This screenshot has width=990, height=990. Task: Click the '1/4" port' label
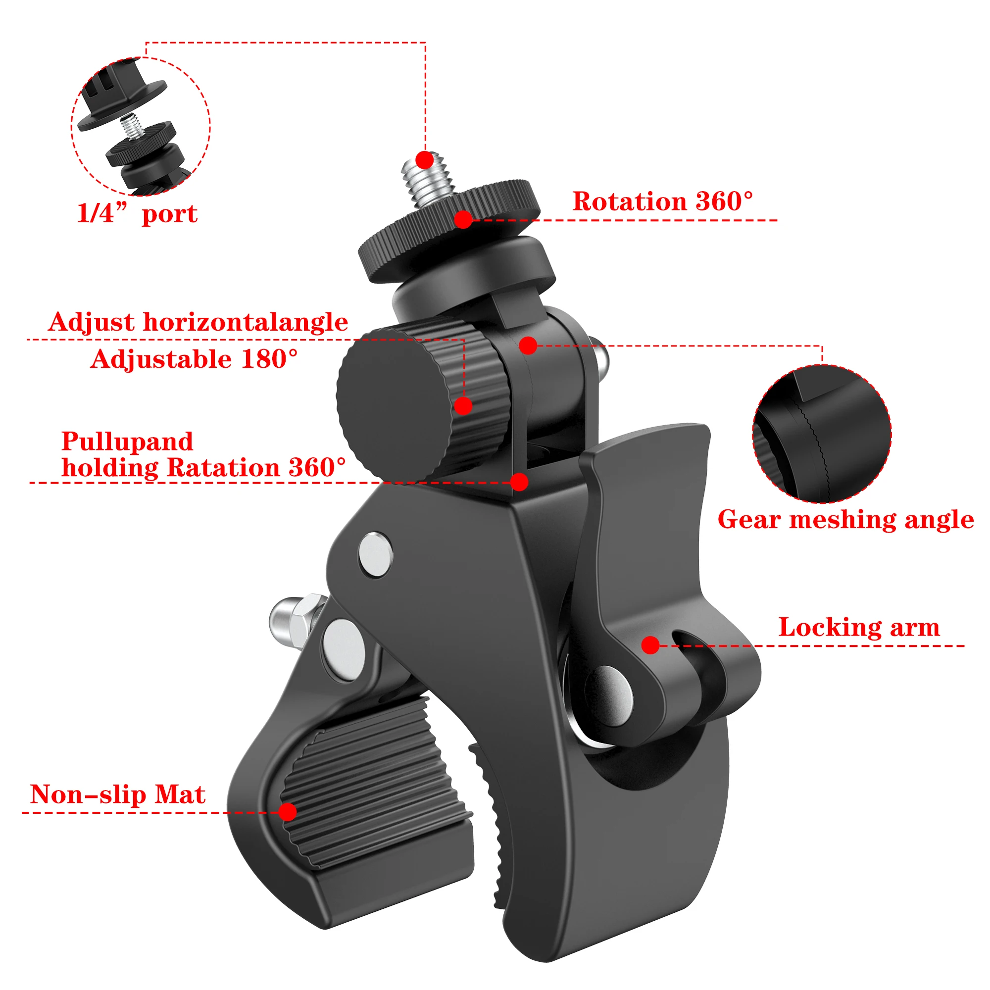pyautogui.click(x=137, y=214)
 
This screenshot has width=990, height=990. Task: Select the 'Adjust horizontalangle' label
pyautogui.click(x=198, y=322)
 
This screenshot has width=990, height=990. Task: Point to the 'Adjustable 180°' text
pyautogui.click(x=194, y=359)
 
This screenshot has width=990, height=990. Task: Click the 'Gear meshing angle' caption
pyautogui.click(x=845, y=520)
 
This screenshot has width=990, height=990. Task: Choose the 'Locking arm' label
pyautogui.click(x=859, y=627)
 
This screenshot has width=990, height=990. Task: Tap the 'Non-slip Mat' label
pyautogui.click(x=117, y=794)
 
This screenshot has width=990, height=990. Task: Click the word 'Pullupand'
pyautogui.click(x=127, y=441)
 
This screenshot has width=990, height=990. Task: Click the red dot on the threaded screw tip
pyautogui.click(x=424, y=160)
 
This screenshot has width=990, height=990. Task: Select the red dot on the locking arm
pyautogui.click(x=650, y=645)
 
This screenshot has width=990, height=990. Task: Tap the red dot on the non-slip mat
pyautogui.click(x=288, y=812)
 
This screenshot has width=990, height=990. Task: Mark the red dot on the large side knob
pyautogui.click(x=463, y=406)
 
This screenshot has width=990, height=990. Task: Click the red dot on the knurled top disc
pyautogui.click(x=463, y=220)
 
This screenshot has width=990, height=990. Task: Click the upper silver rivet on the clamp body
pyautogui.click(x=376, y=555)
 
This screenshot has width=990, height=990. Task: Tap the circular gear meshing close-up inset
pyautogui.click(x=822, y=434)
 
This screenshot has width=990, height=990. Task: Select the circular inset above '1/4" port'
pyautogui.click(x=141, y=126)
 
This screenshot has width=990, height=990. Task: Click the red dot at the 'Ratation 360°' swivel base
pyautogui.click(x=519, y=482)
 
